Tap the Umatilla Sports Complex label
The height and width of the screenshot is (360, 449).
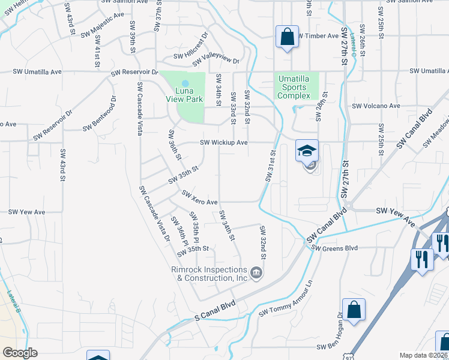(294, 86)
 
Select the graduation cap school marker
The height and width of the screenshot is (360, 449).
(307, 151)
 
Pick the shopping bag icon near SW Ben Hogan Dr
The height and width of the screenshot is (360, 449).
(354, 310)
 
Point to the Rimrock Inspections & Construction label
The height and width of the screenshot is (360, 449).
(209, 274)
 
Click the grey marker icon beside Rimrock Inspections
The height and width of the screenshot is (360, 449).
(256, 274)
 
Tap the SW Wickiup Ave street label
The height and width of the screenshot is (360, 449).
(223, 143)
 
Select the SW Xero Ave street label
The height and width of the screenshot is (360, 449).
(199, 199)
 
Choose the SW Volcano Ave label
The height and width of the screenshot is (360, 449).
(376, 106)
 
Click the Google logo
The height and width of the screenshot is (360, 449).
(20, 353)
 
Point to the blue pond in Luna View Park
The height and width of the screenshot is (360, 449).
(185, 83)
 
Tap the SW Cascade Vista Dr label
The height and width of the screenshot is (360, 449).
(154, 214)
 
